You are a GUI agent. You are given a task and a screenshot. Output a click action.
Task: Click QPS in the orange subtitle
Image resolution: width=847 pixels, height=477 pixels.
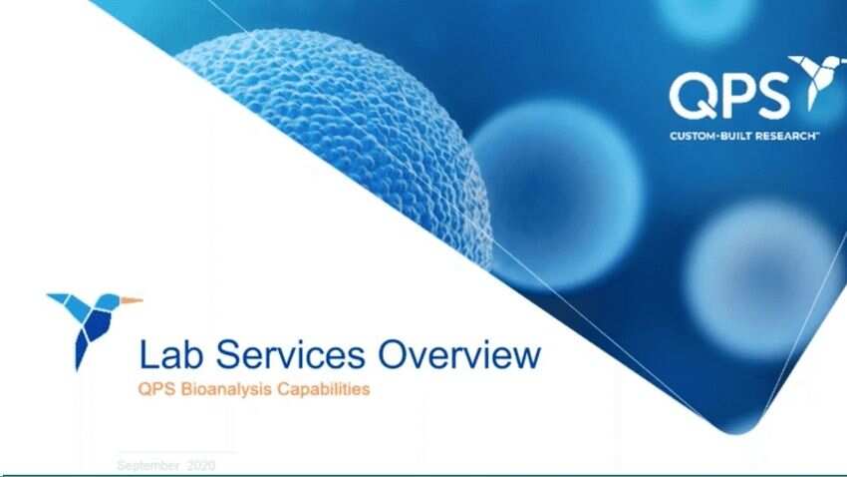coord(152,389)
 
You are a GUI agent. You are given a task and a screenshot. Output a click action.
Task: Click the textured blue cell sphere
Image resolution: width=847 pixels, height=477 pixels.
coord(339,130)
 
